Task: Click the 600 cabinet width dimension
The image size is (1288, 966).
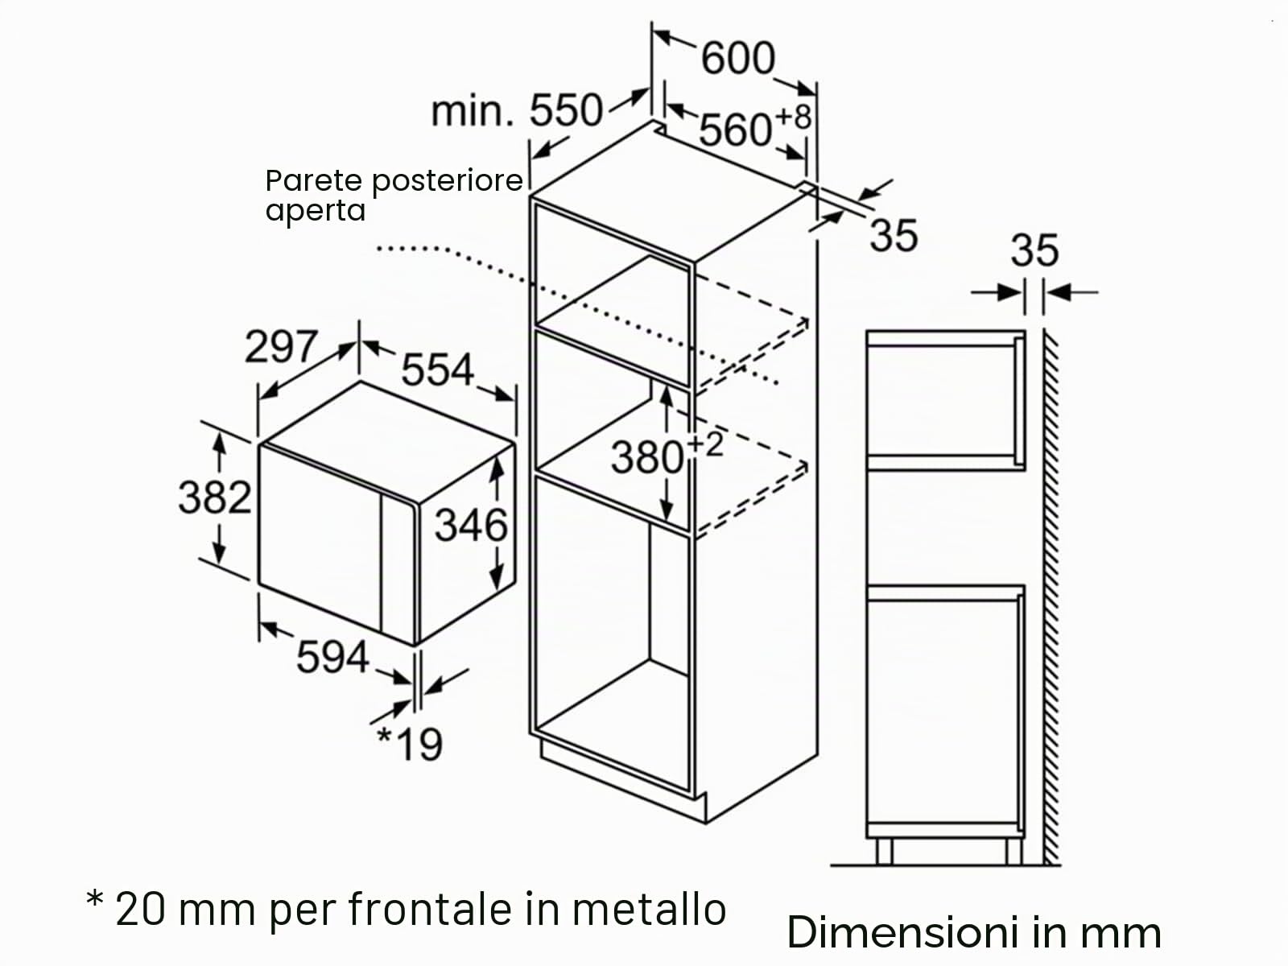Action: click(x=738, y=58)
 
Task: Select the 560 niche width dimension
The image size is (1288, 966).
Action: click(x=735, y=130)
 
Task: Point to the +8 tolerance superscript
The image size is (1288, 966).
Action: click(x=794, y=117)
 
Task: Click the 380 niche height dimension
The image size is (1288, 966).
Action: click(x=646, y=457)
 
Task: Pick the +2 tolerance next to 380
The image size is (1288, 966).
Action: click(x=704, y=445)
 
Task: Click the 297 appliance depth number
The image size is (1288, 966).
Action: click(x=281, y=346)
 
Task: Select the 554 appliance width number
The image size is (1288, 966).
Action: click(x=437, y=369)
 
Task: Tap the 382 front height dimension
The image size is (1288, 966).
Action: click(x=215, y=497)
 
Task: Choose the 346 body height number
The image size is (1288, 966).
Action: click(x=471, y=525)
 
